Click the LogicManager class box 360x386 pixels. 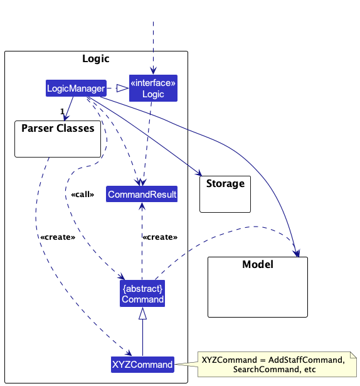[76, 88]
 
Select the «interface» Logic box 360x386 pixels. [153, 88]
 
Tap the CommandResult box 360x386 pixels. [142, 194]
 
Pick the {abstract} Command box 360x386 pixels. [142, 294]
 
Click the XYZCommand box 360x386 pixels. [142, 365]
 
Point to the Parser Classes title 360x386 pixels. [58, 128]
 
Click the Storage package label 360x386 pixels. [225, 184]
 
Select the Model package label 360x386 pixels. [258, 264]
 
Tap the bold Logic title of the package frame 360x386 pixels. [96, 58]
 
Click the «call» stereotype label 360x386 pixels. [83, 195]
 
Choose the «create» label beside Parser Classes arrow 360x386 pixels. [58, 237]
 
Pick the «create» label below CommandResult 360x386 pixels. [160, 237]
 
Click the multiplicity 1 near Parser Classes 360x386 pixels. [62, 112]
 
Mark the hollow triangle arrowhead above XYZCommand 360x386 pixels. [143, 313]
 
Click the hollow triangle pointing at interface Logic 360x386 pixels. [122, 88]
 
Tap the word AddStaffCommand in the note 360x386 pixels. [305, 360]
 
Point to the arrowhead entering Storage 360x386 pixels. [199, 173]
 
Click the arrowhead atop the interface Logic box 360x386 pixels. [153, 70]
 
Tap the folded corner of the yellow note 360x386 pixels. [353, 355]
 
